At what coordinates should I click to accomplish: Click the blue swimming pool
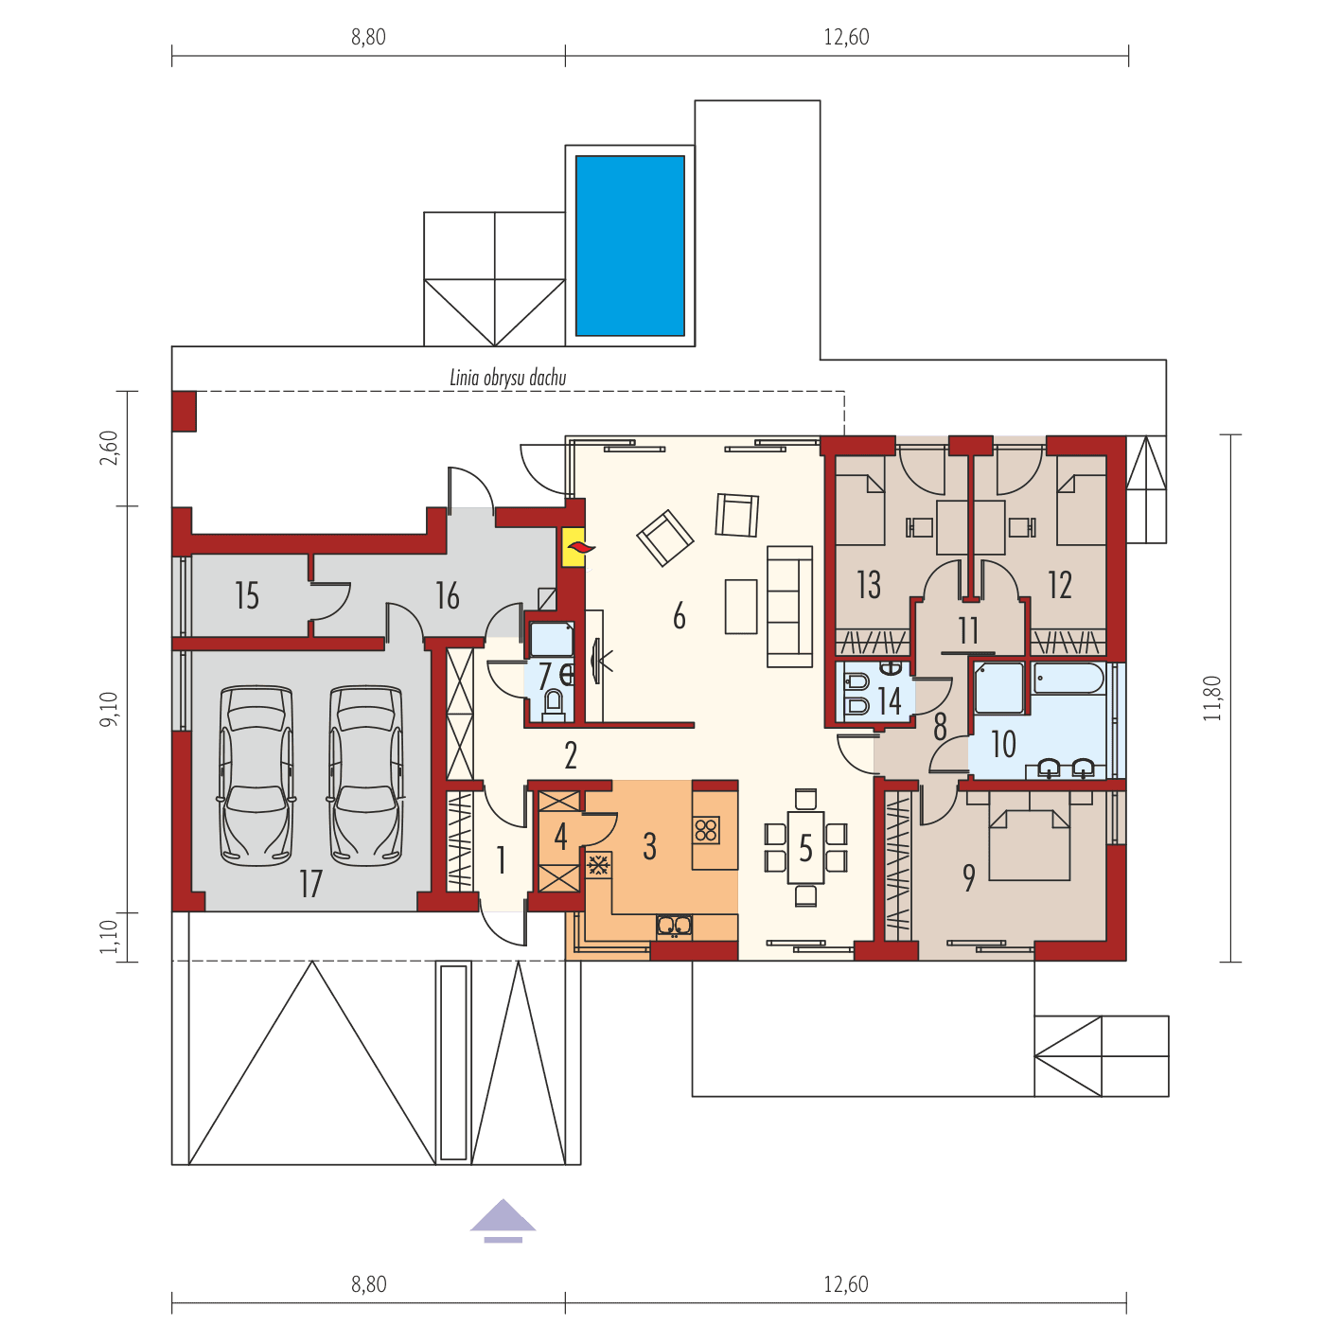click(x=629, y=245)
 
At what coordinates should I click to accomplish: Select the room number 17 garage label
click(x=310, y=884)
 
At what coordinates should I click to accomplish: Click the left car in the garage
click(x=255, y=775)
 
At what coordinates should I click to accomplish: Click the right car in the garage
click(x=365, y=775)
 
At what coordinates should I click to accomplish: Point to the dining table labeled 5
click(x=805, y=847)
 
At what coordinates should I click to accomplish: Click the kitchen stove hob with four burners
click(x=706, y=830)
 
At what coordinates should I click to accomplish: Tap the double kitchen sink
click(x=675, y=925)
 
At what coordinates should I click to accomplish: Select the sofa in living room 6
click(x=789, y=607)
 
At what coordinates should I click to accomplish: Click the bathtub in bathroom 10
click(x=1068, y=680)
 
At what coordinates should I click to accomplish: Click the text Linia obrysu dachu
click(x=507, y=378)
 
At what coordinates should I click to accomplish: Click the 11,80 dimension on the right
click(x=1212, y=698)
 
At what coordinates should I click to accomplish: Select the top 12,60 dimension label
click(x=846, y=37)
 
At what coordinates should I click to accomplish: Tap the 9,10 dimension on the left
click(x=111, y=709)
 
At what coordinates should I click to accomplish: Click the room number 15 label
click(x=247, y=596)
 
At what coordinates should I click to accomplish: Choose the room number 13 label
click(x=869, y=584)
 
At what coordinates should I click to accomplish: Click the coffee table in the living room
click(x=741, y=606)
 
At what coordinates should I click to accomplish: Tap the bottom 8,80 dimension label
click(x=368, y=1284)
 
